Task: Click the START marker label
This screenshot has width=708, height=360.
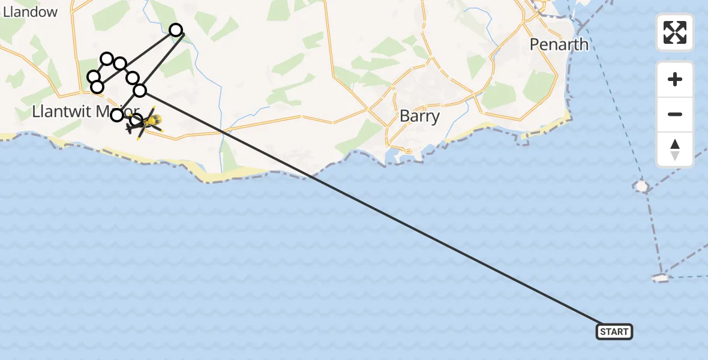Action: (614, 332)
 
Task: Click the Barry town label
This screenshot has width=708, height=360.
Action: (419, 116)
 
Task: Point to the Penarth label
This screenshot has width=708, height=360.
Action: (559, 44)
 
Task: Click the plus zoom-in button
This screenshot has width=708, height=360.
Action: (675, 79)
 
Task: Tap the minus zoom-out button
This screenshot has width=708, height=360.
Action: (675, 114)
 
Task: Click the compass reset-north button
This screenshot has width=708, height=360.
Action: (675, 149)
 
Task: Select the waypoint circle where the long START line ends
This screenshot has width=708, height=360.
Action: (140, 91)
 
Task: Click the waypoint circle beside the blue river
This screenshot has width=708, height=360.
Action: (176, 30)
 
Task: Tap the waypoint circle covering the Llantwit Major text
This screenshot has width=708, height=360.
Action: (117, 115)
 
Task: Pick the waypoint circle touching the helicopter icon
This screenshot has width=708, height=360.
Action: (136, 119)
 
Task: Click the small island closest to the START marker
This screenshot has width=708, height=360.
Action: (660, 278)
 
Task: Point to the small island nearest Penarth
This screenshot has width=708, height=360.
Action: (641, 187)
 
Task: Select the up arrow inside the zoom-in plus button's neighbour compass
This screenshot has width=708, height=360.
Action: (675, 145)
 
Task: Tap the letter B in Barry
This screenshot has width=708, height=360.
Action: (405, 116)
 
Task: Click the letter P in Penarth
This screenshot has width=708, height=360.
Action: (535, 44)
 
